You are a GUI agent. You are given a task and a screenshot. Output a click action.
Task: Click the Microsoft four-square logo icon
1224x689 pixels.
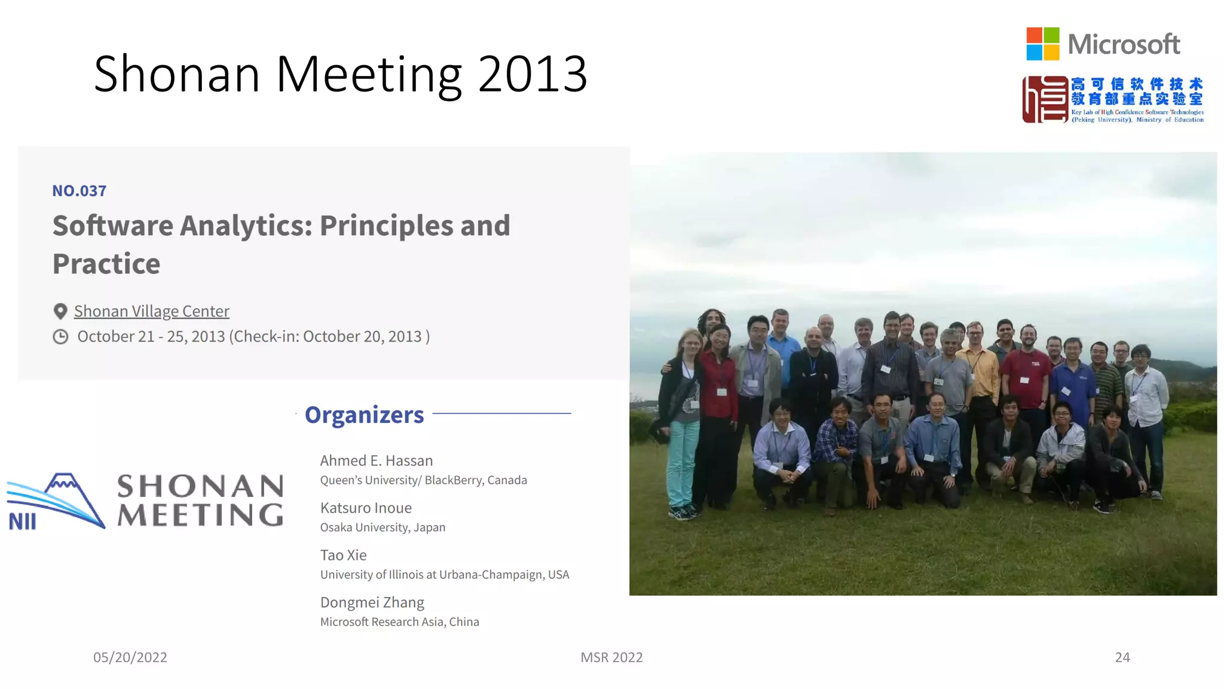pyautogui.click(x=1043, y=44)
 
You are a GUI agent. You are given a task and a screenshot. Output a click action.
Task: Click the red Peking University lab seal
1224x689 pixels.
pyautogui.click(x=1045, y=99)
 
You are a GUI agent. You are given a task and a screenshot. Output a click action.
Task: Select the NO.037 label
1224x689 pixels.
pyautogui.click(x=79, y=191)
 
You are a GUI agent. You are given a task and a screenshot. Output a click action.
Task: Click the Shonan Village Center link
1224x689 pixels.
pyautogui.click(x=151, y=311)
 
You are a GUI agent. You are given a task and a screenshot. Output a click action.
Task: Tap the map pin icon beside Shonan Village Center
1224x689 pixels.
pyautogui.click(x=60, y=311)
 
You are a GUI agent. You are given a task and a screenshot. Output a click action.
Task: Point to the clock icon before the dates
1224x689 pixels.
pyautogui.click(x=60, y=337)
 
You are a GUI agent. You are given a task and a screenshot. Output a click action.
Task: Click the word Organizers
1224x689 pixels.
pyautogui.click(x=364, y=414)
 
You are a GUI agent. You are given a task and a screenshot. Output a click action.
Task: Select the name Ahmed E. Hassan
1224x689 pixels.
pyautogui.click(x=376, y=461)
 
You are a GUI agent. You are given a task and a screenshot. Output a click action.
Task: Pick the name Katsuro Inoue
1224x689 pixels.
pyautogui.click(x=366, y=508)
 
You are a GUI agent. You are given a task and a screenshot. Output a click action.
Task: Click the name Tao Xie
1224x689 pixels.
pyautogui.click(x=343, y=555)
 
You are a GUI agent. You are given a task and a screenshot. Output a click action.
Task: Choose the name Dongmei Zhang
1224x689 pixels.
pyautogui.click(x=372, y=602)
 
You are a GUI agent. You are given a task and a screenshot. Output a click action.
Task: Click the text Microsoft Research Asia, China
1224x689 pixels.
pyautogui.click(x=399, y=622)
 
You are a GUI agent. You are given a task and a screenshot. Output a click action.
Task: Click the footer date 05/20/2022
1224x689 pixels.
pyautogui.click(x=130, y=657)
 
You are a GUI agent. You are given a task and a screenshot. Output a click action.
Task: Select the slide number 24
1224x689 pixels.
pyautogui.click(x=1122, y=657)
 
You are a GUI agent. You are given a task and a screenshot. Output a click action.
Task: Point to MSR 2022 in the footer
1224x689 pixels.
pyautogui.click(x=611, y=657)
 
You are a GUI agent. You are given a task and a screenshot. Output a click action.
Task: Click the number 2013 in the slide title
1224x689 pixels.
pyautogui.click(x=532, y=74)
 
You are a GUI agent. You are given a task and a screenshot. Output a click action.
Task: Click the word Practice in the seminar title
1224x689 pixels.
pyautogui.click(x=106, y=264)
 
